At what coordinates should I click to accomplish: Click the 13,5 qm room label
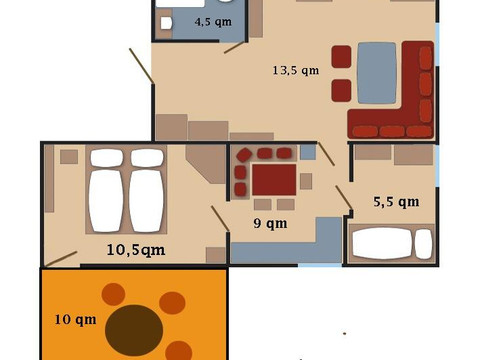295,71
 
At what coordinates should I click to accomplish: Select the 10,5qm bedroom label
136,249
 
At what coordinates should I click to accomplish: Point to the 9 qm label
269,223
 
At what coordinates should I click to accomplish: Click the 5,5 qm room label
395,201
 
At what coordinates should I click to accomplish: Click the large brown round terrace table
135,329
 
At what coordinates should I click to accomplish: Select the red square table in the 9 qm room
273,180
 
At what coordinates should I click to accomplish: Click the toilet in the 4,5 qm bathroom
166,21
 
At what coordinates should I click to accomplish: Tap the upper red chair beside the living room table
342,56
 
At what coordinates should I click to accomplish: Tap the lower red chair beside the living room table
342,90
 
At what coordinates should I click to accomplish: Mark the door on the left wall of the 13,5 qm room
141,66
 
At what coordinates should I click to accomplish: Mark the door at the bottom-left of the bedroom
61,258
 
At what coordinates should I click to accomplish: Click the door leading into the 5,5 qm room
343,197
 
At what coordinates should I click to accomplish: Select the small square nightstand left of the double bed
69,157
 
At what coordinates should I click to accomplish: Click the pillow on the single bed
424,244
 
